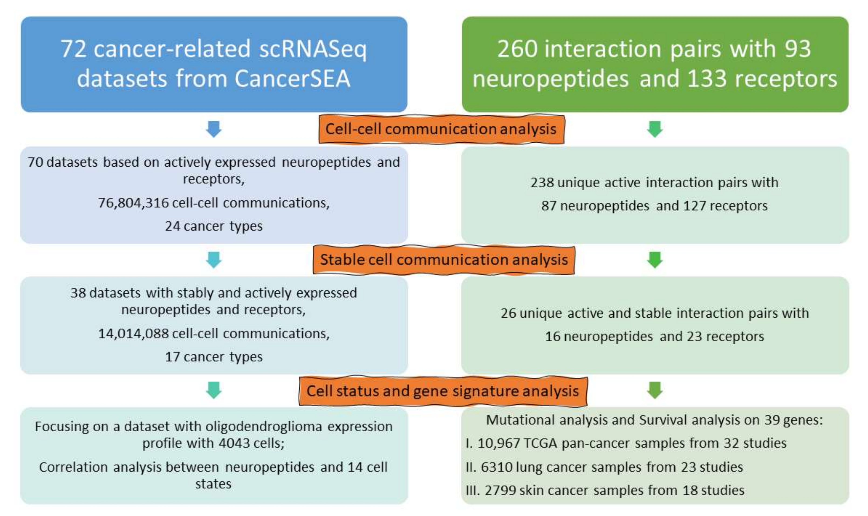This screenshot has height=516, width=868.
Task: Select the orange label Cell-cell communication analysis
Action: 441,129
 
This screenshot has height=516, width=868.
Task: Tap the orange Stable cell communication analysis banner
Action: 443,260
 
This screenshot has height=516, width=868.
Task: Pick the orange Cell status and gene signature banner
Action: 443,391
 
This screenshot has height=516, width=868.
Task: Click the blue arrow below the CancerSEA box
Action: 214,129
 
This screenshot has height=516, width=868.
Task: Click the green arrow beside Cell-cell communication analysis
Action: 654,129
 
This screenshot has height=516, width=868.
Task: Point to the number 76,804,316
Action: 133,203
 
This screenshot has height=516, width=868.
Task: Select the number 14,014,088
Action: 133,333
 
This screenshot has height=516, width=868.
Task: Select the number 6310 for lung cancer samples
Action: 497,467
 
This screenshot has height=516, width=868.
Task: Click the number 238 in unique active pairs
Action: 542,183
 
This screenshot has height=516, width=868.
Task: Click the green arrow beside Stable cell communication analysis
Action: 654,260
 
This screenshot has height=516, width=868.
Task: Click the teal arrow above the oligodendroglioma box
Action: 214,390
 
